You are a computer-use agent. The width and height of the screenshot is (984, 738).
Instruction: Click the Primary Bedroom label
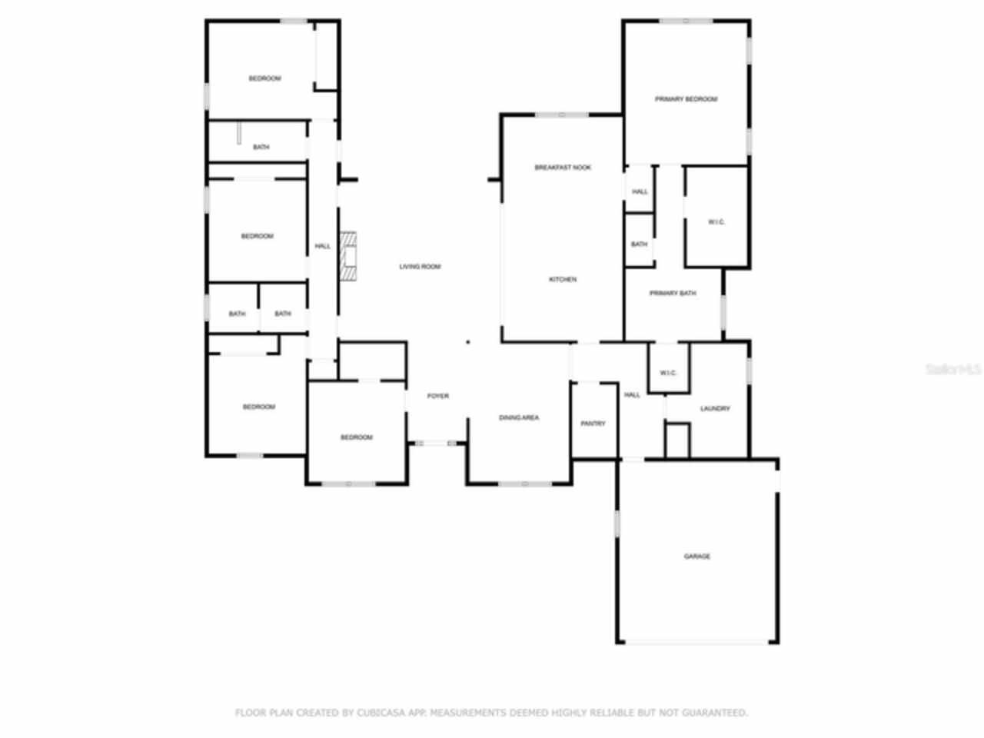686,99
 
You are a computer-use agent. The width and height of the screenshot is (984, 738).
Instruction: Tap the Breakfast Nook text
563,168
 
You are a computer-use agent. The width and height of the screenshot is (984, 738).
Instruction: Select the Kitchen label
563,279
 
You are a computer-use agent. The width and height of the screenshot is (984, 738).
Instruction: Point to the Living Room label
420,267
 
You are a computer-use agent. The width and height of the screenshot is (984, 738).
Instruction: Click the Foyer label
438,396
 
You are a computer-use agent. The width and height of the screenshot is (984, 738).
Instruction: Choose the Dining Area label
519,417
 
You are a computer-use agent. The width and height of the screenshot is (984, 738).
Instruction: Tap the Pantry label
593,424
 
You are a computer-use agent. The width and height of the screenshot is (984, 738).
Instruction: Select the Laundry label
715,408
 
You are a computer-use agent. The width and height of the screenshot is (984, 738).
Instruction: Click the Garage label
697,556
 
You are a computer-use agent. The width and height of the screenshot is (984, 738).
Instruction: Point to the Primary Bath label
673,293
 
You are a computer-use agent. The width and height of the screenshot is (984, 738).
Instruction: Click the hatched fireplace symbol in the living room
350,256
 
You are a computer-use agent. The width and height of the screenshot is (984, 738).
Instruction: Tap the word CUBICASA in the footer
381,713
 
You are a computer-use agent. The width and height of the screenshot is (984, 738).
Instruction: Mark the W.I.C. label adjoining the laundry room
668,373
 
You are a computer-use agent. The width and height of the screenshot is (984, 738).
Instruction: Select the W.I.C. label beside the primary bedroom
716,222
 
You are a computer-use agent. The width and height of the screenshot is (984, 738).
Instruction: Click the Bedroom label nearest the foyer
356,437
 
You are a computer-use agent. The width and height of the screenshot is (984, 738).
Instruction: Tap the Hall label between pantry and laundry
632,395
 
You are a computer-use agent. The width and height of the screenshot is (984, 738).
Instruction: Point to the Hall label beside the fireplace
323,246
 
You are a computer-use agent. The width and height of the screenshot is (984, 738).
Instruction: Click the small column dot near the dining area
468,342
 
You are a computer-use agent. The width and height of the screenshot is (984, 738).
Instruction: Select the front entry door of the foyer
437,443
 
